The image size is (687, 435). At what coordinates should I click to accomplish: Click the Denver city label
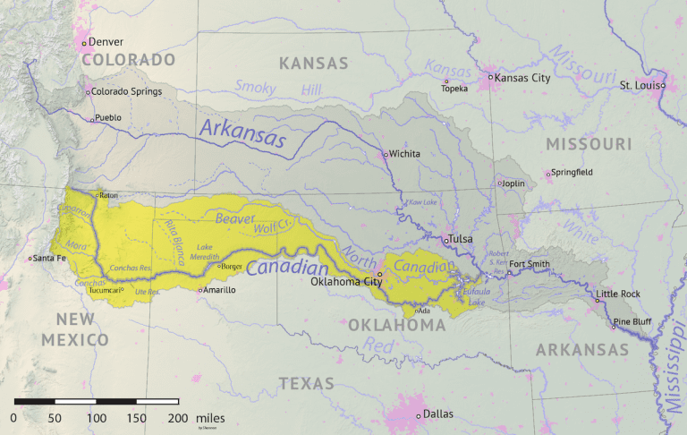pyautogui.click(x=106, y=41)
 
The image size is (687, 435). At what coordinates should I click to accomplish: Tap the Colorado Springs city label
pyautogui.click(x=127, y=91)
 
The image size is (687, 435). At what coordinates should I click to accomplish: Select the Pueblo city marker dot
pyautogui.click(x=91, y=118)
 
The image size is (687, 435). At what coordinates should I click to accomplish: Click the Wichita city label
pyautogui.click(x=405, y=154)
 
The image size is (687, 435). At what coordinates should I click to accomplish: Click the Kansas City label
pyautogui.click(x=522, y=79)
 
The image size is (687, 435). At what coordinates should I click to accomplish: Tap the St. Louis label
pyautogui.click(x=643, y=85)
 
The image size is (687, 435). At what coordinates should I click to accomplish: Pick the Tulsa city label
pyautogui.click(x=462, y=239)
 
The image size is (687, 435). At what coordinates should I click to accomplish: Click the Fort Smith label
pyautogui.click(x=530, y=264)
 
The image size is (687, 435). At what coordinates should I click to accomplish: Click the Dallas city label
pyautogui.click(x=439, y=414)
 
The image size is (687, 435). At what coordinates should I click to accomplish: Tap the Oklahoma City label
pyautogui.click(x=345, y=282)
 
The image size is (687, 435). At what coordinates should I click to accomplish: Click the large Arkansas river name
pyautogui.click(x=242, y=134)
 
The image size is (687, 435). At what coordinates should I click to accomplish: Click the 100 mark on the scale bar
pyautogui.click(x=96, y=418)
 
